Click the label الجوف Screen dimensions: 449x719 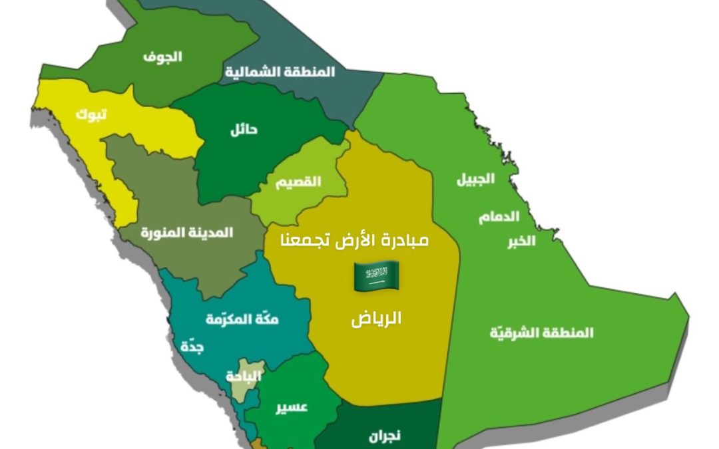162,57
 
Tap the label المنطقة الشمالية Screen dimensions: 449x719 280,72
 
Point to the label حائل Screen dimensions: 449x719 244,129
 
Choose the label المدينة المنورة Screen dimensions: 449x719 186,232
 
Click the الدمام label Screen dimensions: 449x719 499,217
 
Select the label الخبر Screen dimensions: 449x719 521,241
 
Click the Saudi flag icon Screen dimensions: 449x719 375,276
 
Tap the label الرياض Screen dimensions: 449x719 376,319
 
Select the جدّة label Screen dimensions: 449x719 192,347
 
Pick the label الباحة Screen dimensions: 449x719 244,376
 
